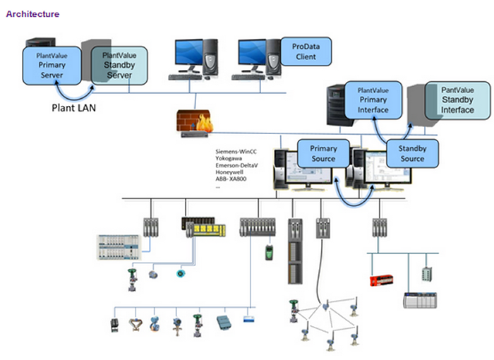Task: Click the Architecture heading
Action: (32, 14)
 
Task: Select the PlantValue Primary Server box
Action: (52, 64)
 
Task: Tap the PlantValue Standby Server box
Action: (119, 64)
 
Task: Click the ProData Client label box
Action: (306, 51)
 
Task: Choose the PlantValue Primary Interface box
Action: (373, 100)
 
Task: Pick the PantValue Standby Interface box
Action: (457, 100)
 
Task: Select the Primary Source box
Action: (323, 154)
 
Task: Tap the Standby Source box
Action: (412, 154)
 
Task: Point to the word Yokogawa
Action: (230, 159)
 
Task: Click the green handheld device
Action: (268, 252)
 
